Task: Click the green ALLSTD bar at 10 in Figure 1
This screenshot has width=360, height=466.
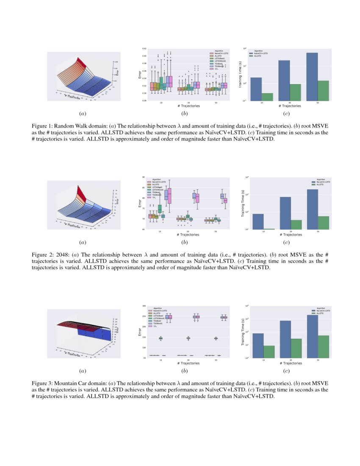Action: pos(267,97)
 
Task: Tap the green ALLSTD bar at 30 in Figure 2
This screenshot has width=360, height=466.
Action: pos(296,225)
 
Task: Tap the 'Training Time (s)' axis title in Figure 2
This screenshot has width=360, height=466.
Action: pos(243,203)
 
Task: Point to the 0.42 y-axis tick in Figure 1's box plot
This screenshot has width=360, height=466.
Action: pos(144,49)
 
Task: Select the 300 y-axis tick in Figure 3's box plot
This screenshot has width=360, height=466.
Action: pos(144,306)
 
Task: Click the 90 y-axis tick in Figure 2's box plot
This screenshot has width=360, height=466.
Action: pos(144,178)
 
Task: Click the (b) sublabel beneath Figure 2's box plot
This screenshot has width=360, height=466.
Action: pos(184,242)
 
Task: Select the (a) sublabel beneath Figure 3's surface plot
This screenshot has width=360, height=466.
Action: pos(83,371)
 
